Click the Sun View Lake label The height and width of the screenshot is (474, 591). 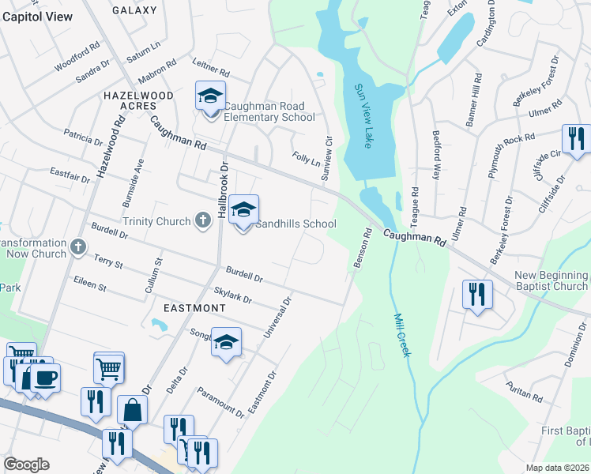coord(363,116)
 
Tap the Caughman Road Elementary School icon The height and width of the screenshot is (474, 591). coord(211,96)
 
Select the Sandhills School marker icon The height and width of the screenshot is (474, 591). coord(244,210)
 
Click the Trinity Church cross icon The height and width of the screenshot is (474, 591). coord(202,221)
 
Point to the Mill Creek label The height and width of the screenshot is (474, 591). coord(402,334)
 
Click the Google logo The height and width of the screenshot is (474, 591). coord(25,465)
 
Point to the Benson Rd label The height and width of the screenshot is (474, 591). coord(363,248)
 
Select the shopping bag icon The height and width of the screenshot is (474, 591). coord(133,410)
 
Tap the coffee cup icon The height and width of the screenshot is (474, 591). coord(46,378)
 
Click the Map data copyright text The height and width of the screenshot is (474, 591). coord(558,468)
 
